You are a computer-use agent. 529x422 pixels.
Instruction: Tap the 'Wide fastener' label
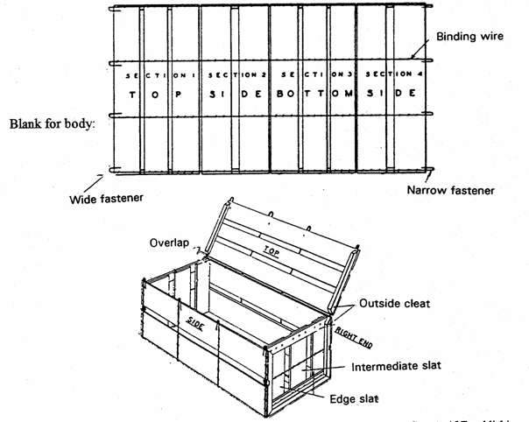click(106, 199)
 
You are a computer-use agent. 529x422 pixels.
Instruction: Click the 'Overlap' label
click(166, 240)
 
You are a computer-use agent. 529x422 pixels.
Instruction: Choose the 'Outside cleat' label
click(393, 304)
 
